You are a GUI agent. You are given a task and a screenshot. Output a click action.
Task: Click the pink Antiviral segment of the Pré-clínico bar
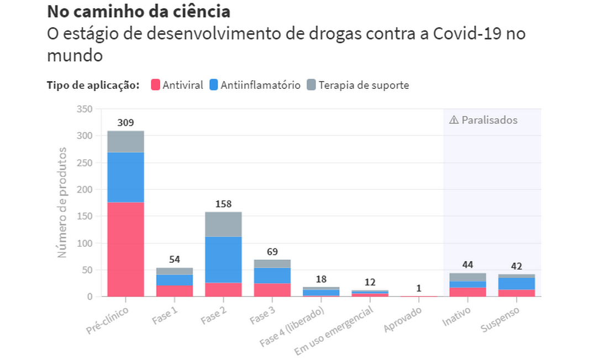click(125, 250)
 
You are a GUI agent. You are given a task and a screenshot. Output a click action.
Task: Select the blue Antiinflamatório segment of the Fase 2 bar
click(223, 260)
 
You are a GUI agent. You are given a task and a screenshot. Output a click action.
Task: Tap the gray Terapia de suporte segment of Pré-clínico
click(125, 141)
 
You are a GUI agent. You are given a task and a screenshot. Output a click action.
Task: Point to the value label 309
click(125, 123)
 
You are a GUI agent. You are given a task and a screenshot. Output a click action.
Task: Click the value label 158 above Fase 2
click(223, 204)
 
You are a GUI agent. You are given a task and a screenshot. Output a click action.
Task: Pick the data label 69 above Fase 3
click(272, 252)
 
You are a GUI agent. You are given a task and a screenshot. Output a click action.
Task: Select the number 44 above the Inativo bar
click(467, 265)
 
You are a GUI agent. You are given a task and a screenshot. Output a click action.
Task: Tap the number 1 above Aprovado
click(418, 288)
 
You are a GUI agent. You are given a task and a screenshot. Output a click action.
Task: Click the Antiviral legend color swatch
click(155, 85)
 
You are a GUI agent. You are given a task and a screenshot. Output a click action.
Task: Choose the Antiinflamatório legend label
click(260, 85)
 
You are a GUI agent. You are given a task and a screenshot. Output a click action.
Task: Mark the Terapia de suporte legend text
click(364, 85)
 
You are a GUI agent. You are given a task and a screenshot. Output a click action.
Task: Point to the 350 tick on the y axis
click(85, 109)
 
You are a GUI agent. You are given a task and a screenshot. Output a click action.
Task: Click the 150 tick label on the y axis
click(85, 216)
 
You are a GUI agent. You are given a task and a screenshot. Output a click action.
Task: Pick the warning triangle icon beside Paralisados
click(454, 120)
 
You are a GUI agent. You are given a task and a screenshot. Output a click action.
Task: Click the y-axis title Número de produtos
click(62, 202)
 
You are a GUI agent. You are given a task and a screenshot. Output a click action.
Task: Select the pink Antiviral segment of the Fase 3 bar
click(272, 290)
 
